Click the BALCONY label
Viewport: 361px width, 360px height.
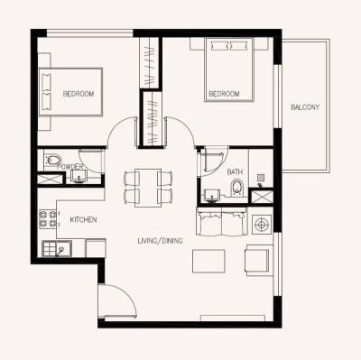305,107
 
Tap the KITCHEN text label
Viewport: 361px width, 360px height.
84,220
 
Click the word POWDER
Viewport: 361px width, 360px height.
70,167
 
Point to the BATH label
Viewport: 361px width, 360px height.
235,171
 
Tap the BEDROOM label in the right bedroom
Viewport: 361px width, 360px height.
224,94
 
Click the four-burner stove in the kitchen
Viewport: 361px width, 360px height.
48,219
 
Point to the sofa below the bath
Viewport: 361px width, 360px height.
221,222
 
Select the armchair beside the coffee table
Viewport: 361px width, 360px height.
257,261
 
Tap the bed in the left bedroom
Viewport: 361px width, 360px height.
71,94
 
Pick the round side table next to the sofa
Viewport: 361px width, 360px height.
263,224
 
